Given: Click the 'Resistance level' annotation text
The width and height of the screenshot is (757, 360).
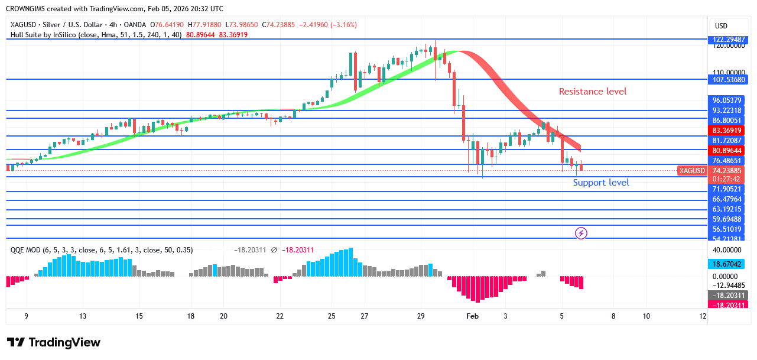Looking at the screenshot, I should (x=593, y=92).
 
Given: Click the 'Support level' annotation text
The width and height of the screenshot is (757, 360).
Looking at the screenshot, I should (x=600, y=183).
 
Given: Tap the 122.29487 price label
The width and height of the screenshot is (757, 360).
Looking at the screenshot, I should (x=727, y=40).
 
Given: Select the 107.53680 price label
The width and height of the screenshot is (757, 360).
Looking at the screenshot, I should (x=727, y=79).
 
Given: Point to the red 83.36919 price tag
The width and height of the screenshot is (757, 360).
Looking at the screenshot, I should (x=727, y=131).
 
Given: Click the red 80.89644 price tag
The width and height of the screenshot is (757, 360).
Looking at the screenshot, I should (x=727, y=151).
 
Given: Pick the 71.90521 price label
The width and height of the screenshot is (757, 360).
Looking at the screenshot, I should (x=727, y=189).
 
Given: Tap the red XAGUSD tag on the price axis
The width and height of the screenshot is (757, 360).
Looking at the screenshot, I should (x=692, y=171).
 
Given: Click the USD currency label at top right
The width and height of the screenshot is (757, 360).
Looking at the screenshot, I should (x=721, y=26).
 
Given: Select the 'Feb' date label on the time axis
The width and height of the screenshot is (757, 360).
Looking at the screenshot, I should (x=472, y=316).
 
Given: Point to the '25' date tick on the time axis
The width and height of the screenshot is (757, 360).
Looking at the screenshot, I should (x=332, y=316).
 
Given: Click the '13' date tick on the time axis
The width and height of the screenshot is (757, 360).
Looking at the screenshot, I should (x=83, y=316).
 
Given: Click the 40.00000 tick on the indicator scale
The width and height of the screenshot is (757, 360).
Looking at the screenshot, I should (x=727, y=250).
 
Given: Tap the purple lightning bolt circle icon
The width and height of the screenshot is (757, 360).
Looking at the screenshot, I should (x=581, y=233).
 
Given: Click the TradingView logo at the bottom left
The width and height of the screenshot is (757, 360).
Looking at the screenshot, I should (x=54, y=342).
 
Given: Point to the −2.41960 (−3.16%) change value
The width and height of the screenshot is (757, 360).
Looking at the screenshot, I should (x=332, y=25).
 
